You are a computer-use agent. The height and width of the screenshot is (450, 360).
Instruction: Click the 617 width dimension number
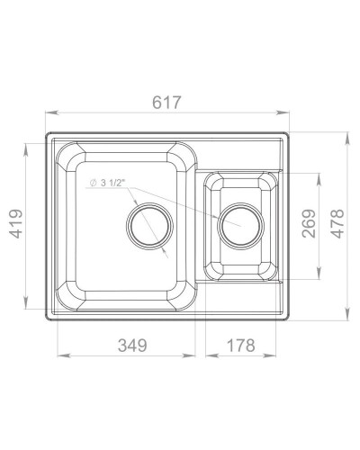(166, 103)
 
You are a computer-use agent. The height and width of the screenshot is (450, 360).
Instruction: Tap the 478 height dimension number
(337, 223)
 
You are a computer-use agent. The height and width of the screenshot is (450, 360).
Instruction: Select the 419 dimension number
(15, 223)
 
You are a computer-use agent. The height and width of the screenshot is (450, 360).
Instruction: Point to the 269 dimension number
(310, 223)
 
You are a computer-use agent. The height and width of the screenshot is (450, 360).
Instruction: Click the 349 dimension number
(132, 346)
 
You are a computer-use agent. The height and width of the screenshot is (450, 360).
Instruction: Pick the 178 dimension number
(241, 346)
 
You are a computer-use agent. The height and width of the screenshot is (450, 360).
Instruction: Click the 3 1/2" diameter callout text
(112, 183)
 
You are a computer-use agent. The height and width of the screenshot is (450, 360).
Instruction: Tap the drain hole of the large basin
(149, 226)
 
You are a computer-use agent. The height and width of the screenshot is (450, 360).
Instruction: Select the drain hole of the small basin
(241, 226)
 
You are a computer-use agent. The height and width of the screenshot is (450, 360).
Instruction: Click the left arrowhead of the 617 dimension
(50, 112)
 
